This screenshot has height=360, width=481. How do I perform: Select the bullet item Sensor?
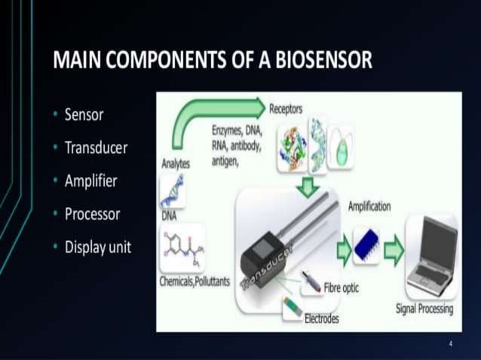pyautogui.click(x=84, y=115)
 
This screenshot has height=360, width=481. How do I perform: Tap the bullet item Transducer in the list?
pyautogui.click(x=96, y=148)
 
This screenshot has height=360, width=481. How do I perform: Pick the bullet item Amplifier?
pyautogui.click(x=92, y=181)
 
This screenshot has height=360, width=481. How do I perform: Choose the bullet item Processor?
pyautogui.click(x=92, y=213)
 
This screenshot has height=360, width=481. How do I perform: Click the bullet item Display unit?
pyautogui.click(x=98, y=246)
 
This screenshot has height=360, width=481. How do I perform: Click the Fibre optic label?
pyautogui.click(x=341, y=288)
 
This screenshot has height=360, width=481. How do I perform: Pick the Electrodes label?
pyautogui.click(x=321, y=319)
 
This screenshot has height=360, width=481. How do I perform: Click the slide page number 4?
pyautogui.click(x=450, y=343)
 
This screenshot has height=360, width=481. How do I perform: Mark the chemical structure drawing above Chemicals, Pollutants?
pyautogui.click(x=182, y=249)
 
